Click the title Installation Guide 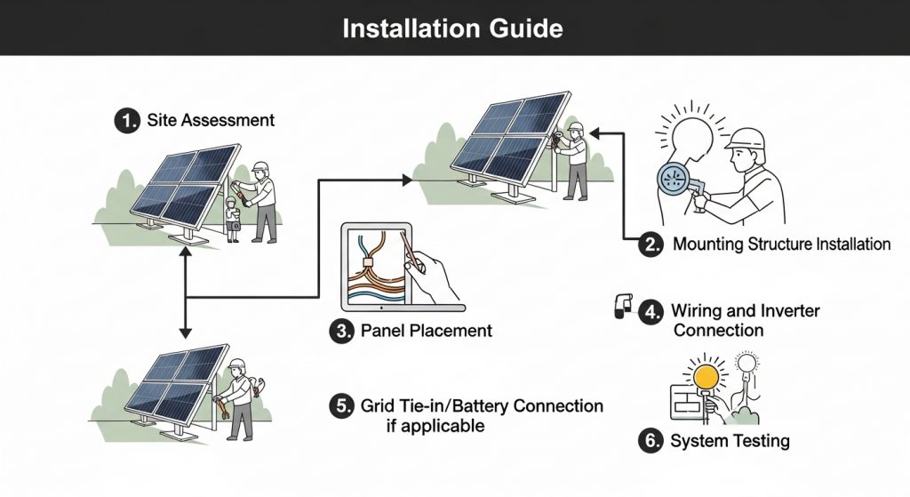pyautogui.click(x=452, y=28)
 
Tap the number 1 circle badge pyautogui.click(x=127, y=120)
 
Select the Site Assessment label pyautogui.click(x=210, y=120)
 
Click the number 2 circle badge pyautogui.click(x=652, y=244)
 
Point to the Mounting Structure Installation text pyautogui.click(x=781, y=244)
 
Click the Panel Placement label pyautogui.click(x=426, y=332)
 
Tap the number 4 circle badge pyautogui.click(x=652, y=311)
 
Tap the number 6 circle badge pyautogui.click(x=652, y=440)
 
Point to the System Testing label pyautogui.click(x=730, y=440)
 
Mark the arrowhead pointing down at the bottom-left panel pyautogui.click(x=185, y=333)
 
